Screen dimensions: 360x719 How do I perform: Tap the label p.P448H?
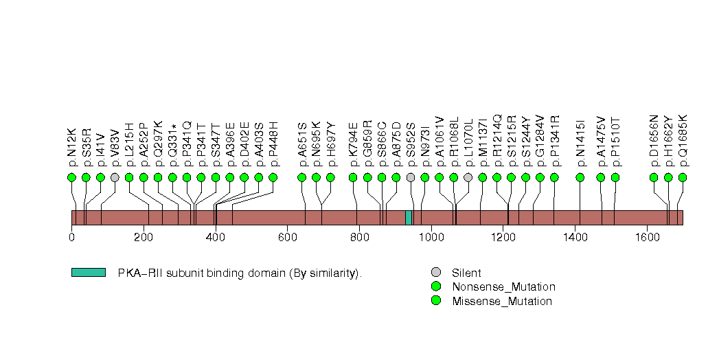point(273,144)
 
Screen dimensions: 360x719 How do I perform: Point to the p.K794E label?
point(353,144)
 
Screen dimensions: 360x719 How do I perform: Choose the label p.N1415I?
point(580,144)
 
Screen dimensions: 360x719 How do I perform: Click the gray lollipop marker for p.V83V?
point(115,177)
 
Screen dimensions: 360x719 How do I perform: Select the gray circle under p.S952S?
point(411,177)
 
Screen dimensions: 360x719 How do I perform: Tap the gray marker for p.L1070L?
point(468,177)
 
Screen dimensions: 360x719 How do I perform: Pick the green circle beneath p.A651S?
point(302,177)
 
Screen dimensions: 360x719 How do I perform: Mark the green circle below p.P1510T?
point(615,177)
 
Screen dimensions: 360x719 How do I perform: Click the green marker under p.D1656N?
point(654,177)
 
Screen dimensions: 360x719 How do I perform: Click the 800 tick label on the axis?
point(359,238)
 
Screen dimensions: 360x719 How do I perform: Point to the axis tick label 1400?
point(575,238)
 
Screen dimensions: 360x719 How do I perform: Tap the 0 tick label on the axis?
point(71,238)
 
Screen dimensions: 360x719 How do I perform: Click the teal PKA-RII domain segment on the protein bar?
point(409,218)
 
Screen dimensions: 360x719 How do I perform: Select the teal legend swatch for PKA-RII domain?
point(88,273)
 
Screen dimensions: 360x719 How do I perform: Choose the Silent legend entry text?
point(466,273)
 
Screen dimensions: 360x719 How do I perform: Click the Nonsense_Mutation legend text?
point(503,286)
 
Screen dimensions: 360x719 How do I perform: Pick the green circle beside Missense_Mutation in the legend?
point(435,300)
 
